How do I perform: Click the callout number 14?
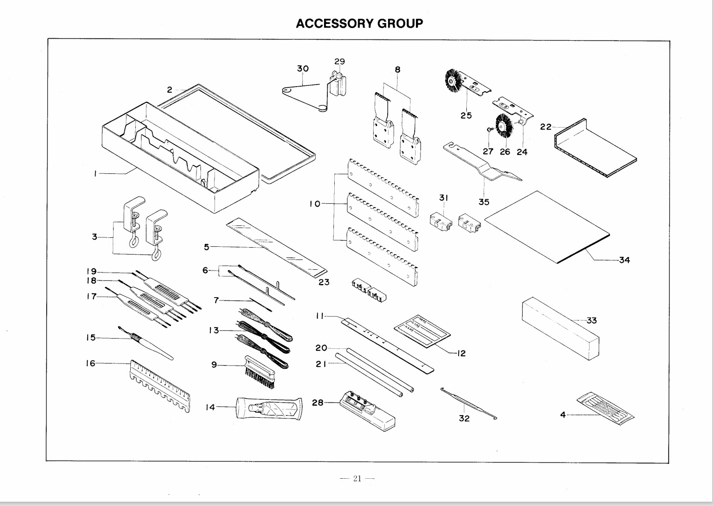click(210, 407)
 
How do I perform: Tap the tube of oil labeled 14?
click(269, 409)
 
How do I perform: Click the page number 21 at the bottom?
click(357, 479)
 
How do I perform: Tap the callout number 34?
click(624, 260)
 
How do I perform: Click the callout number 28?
click(318, 402)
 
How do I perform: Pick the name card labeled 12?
click(422, 330)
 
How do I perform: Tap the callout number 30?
click(303, 69)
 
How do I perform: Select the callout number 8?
click(398, 70)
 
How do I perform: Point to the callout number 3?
click(94, 237)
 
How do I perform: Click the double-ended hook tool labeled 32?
click(468, 403)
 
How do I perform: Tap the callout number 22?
click(545, 127)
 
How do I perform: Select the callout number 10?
click(315, 204)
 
